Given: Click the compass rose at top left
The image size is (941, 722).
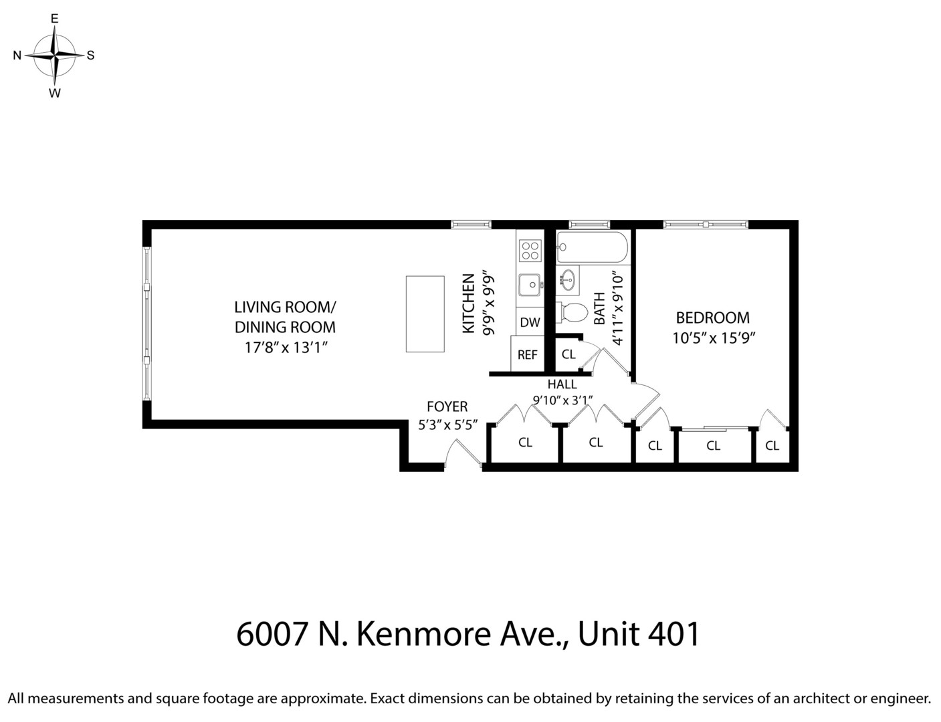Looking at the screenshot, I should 55,55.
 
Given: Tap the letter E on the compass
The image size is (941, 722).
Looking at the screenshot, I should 55,19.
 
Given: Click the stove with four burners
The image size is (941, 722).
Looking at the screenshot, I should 530,251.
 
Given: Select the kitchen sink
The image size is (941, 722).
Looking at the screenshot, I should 530,285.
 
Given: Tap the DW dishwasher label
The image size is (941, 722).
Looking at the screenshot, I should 530,322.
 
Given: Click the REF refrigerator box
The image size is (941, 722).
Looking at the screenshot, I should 527,354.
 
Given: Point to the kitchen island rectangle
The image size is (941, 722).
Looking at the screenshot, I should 425,314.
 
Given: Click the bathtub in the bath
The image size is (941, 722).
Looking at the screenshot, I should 592,248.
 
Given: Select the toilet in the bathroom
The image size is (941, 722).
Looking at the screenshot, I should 572,311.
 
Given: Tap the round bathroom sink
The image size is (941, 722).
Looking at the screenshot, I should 569,280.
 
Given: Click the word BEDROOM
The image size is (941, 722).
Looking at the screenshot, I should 712,318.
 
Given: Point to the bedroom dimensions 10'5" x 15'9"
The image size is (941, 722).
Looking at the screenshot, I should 713,338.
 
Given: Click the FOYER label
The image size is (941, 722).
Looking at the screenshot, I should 447,406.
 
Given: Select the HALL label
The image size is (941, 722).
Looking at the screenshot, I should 562,384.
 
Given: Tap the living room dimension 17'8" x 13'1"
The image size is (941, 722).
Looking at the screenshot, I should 285,348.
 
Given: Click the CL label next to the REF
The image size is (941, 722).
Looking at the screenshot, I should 568,354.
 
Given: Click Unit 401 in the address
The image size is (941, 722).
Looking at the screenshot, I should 639,634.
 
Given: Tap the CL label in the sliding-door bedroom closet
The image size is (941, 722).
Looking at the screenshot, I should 713,445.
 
